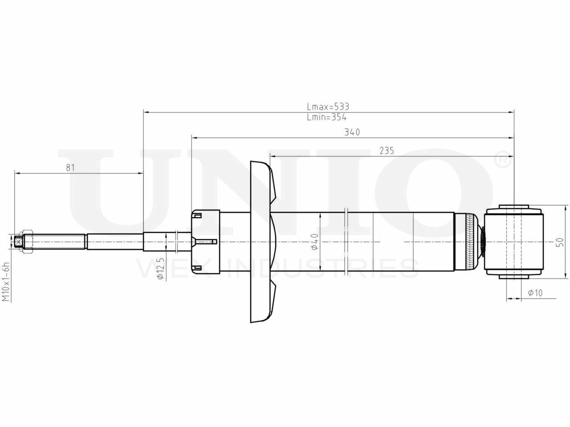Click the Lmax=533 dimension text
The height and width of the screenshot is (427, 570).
point(328,107)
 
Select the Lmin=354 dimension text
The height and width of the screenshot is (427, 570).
point(326,117)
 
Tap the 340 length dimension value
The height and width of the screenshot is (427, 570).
point(352,132)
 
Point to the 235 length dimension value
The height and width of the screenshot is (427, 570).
point(387,151)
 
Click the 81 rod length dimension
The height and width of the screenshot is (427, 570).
point(70,168)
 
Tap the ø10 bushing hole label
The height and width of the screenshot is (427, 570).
point(534,293)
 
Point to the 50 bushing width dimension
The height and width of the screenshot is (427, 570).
point(560,242)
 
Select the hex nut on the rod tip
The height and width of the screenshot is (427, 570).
point(28,242)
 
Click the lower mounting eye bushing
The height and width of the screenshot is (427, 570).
point(514,242)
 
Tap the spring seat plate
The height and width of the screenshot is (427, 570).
point(261,242)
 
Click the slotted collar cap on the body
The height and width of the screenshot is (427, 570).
point(205,242)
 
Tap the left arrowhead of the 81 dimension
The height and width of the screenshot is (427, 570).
point(17,173)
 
